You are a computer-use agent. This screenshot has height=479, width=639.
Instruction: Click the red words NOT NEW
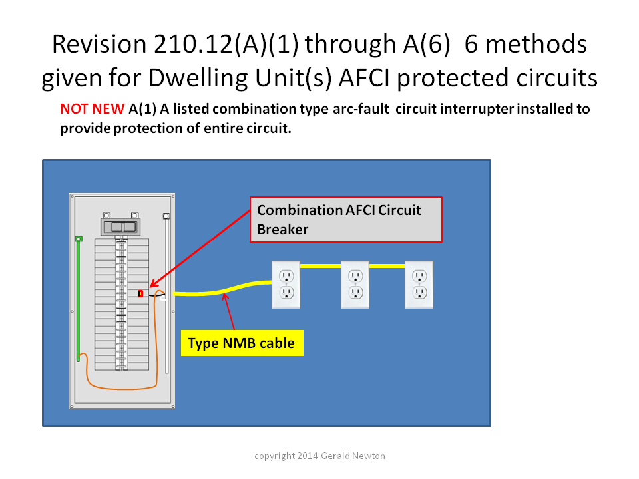(x=92, y=109)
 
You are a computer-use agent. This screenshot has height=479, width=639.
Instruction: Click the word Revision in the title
(x=99, y=44)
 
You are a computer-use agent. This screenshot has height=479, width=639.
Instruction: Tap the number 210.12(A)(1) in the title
(x=226, y=45)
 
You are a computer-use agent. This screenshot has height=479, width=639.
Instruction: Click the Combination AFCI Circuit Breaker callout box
(x=346, y=220)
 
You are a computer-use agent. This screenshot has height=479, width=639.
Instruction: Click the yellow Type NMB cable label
(x=242, y=343)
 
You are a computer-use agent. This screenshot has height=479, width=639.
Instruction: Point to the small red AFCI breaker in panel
(x=140, y=293)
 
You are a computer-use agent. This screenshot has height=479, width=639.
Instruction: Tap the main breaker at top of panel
(x=120, y=226)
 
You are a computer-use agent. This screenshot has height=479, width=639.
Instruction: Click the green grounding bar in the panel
(x=79, y=299)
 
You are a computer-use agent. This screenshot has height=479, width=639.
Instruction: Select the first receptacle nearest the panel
(x=286, y=285)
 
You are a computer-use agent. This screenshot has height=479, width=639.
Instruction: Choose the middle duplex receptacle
(x=355, y=285)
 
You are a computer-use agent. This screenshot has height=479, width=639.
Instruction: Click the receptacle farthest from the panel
(x=419, y=285)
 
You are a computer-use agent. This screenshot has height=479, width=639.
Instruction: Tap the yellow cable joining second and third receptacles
(x=387, y=266)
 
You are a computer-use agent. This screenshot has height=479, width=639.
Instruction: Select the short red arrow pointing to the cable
(x=229, y=311)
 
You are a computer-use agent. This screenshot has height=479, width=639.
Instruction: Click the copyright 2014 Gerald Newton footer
(x=320, y=456)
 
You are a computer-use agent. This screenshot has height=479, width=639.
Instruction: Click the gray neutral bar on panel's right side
(x=166, y=293)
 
